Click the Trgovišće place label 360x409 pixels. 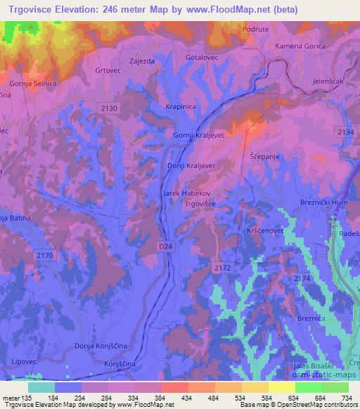203,204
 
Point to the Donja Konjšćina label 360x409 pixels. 98,346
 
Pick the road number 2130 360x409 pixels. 109,108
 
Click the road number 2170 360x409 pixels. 44,255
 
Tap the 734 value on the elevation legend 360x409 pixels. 345,398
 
